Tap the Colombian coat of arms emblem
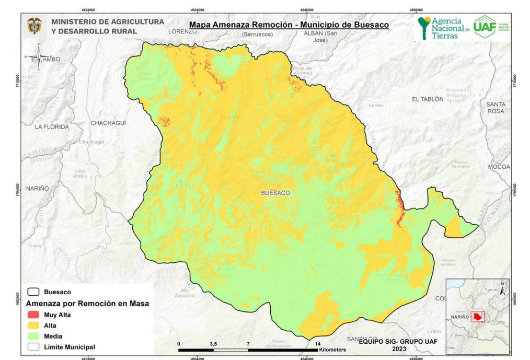coord(34,27)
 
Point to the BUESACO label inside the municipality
coord(275,193)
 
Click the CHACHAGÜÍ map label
coord(109,123)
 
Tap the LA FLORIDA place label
coord(52,126)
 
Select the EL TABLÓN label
coord(428,99)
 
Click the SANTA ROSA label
coord(496,108)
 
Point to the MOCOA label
coord(498,167)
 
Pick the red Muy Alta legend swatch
coord(34,315)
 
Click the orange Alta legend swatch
coord(34,326)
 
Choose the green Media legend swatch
coord(34,336)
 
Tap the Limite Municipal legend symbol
coord(34,347)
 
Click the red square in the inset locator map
coord(478,317)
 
